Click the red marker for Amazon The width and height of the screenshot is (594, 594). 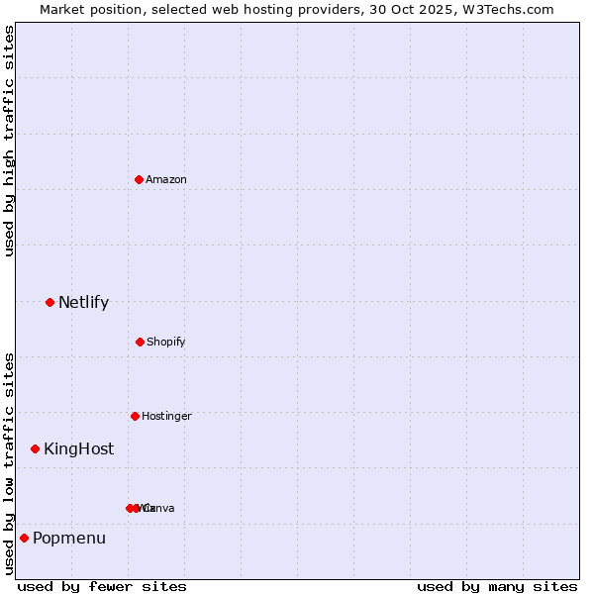pyautogui.click(x=140, y=179)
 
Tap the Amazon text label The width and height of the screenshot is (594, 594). pyautogui.click(x=166, y=179)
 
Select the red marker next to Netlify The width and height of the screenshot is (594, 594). pyautogui.click(x=49, y=302)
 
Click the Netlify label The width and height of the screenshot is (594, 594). pyautogui.click(x=83, y=303)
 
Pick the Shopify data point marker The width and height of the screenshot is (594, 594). pyautogui.click(x=140, y=342)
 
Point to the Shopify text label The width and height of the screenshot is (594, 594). pyautogui.click(x=165, y=343)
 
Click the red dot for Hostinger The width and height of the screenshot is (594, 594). pyautogui.click(x=135, y=416)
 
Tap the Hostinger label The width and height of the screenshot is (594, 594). pyautogui.click(x=166, y=417)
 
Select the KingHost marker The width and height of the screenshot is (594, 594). pyautogui.click(x=36, y=448)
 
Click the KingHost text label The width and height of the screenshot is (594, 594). pyautogui.click(x=78, y=449)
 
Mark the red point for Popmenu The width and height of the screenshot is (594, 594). pyautogui.click(x=24, y=538)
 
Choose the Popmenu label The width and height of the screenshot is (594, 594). pyautogui.click(x=69, y=539)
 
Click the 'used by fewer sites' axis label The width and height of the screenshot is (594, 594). pyautogui.click(x=102, y=586)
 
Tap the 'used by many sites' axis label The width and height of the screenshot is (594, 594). pyautogui.click(x=497, y=586)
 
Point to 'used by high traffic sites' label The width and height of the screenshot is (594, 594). pyautogui.click(x=9, y=142)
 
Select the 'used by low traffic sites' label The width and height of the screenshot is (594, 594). pyautogui.click(x=9, y=463)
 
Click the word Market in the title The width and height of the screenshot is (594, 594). pyautogui.click(x=62, y=10)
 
